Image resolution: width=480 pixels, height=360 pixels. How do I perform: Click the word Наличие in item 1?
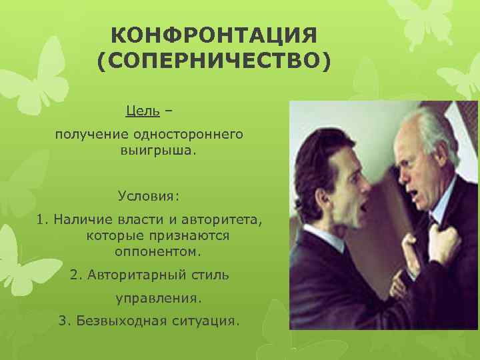point(84,219)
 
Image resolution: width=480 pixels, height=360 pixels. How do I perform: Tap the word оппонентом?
point(157,253)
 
